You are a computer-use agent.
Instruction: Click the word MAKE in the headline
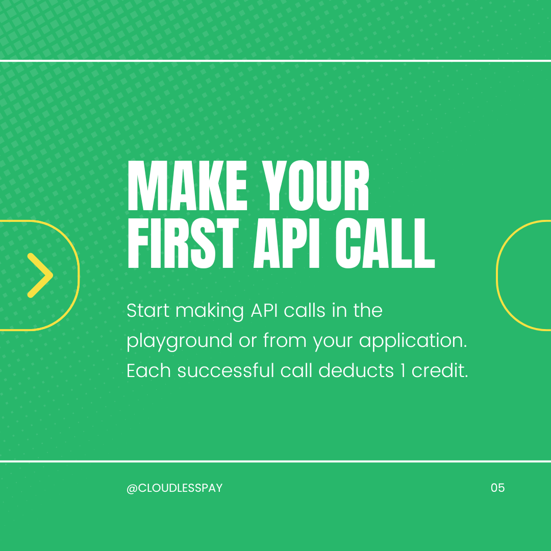coord(187,186)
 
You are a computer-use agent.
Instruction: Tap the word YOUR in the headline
coord(316,186)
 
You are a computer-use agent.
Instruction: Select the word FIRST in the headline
coord(183,243)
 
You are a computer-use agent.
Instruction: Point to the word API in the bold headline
coord(287,243)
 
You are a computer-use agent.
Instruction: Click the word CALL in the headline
coord(385,243)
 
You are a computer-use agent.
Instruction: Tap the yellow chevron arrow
coord(40,275)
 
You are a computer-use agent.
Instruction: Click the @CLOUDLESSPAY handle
coord(174,488)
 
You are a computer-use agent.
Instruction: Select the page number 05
coord(497,488)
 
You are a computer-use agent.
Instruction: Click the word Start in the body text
coord(148,310)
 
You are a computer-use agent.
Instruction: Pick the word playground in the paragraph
coord(179,341)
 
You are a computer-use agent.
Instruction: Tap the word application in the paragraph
coord(413,341)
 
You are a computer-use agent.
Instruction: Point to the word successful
coord(226,370)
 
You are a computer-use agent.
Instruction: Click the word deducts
coord(356,370)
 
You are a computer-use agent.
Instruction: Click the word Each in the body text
coord(148,370)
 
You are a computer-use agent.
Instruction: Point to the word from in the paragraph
coord(285,340)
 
